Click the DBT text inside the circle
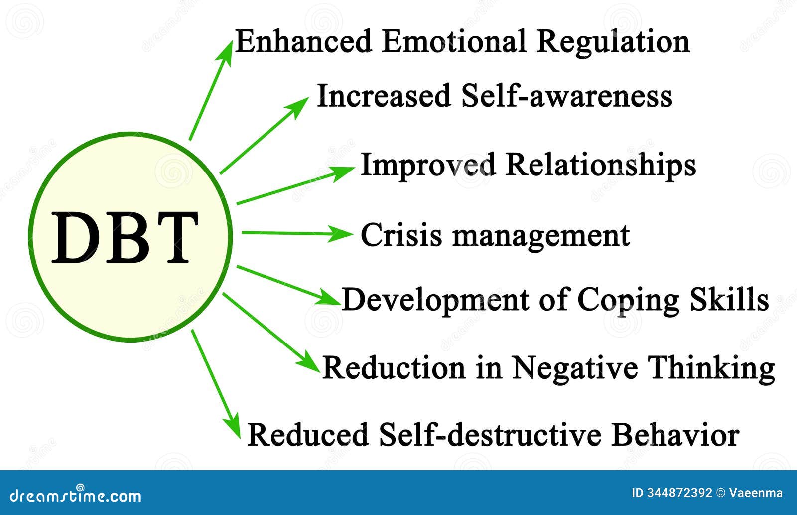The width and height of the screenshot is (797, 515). click(x=125, y=237)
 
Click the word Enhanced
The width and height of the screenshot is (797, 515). click(x=303, y=41)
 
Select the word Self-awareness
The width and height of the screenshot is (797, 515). click(x=566, y=95)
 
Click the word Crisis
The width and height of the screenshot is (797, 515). click(x=400, y=234)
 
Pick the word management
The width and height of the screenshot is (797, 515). click(x=541, y=236)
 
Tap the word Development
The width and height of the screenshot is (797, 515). click(x=435, y=300)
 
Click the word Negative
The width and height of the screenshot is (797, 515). click(x=575, y=368)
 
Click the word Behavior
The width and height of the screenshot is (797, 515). click(x=675, y=435)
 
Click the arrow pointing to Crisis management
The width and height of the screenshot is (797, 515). click(x=297, y=234)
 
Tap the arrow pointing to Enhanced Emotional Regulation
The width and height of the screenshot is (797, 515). click(x=211, y=90)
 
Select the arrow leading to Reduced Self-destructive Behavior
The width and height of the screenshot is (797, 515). click(x=216, y=384)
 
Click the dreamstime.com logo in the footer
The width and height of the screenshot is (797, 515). click(x=75, y=495)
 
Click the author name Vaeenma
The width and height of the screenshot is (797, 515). click(x=756, y=493)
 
